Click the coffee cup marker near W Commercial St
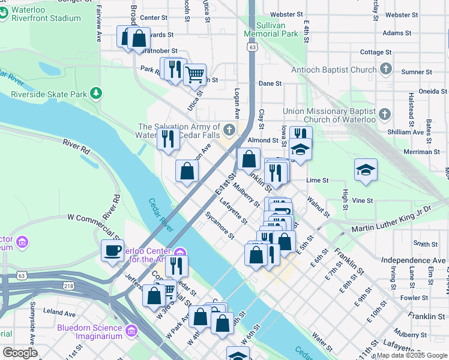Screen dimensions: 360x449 112,250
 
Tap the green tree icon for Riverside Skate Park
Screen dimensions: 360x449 95,94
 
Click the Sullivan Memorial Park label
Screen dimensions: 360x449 271,30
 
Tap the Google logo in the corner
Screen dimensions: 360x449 20,353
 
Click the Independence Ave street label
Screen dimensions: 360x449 414,259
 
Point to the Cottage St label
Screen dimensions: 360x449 376,52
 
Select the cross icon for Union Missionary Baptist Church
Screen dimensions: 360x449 385,115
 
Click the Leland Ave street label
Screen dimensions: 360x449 59,313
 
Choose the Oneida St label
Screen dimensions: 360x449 432,91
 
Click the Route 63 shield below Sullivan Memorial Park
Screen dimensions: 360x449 253,46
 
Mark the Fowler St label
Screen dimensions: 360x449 414,297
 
